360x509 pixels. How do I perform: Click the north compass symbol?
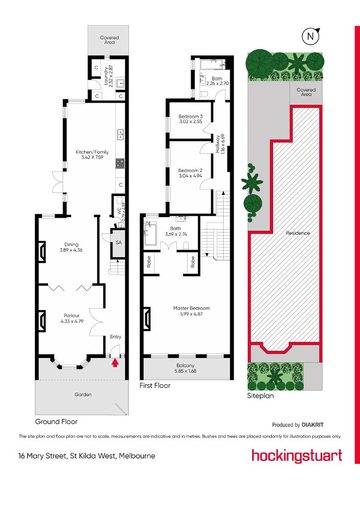(311, 36)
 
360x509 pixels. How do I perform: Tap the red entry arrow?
(115, 363)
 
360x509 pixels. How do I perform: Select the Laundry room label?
(109, 76)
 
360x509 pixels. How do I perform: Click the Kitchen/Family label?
(92, 155)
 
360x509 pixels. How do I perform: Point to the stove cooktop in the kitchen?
(120, 163)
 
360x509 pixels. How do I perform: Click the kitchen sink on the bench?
(120, 134)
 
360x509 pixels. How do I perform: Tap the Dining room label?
(71, 248)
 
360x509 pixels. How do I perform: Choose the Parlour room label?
(72, 318)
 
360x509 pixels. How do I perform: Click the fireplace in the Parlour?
(42, 321)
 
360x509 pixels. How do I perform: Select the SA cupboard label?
(119, 242)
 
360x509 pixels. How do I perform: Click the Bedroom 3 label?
(190, 119)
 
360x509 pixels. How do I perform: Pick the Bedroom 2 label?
(190, 173)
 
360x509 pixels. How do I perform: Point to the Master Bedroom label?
(191, 311)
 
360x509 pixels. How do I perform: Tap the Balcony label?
(185, 368)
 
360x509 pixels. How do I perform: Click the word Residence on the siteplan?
(298, 233)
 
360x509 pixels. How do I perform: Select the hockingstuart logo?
(296, 456)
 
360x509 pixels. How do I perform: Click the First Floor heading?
(155, 385)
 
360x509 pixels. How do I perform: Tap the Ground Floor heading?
(56, 421)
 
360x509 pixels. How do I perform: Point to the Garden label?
(83, 394)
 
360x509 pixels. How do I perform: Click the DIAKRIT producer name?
(313, 424)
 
